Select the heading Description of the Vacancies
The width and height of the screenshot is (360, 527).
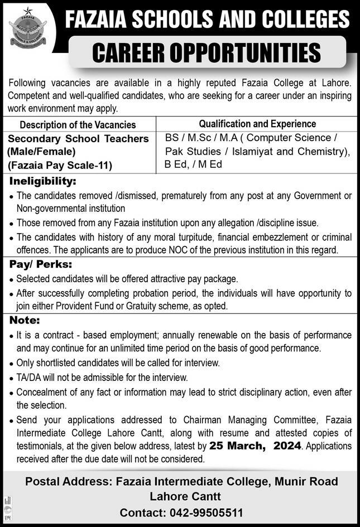tap(78, 125)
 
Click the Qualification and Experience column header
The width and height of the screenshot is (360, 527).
tap(257, 124)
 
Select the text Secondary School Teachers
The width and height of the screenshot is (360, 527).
tap(78, 138)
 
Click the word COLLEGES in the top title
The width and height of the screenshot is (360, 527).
tap(302, 21)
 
